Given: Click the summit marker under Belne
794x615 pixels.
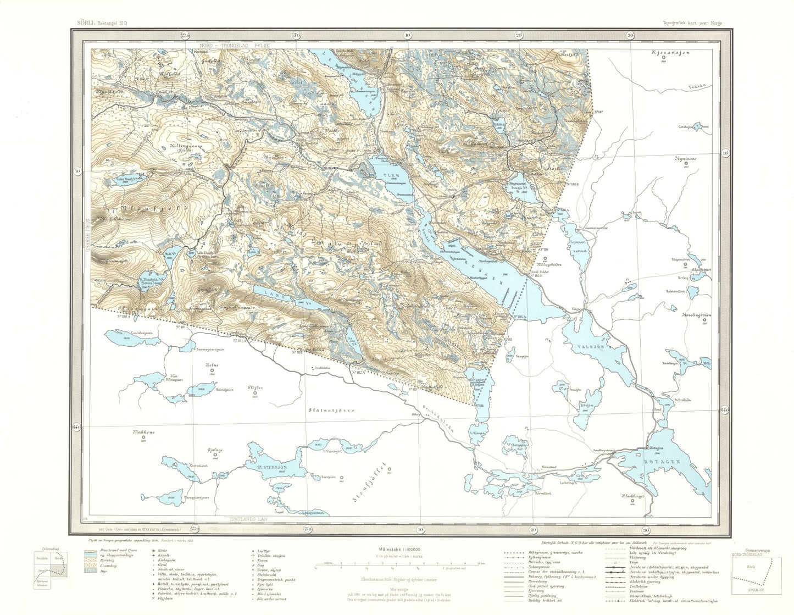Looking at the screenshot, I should (x=212, y=371).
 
